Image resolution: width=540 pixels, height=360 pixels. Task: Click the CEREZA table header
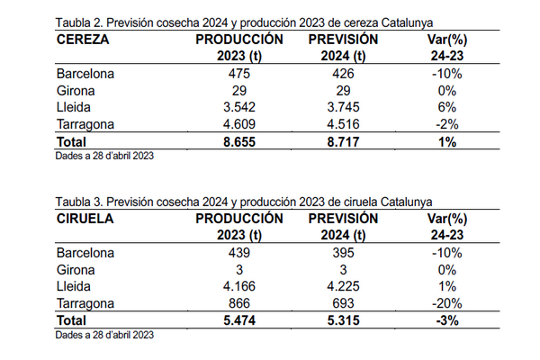(x=83, y=40)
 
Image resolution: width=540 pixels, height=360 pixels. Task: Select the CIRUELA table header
(x=87, y=219)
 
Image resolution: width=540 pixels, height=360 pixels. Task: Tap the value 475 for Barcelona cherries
(x=238, y=74)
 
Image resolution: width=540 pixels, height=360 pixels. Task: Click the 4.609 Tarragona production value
(x=238, y=125)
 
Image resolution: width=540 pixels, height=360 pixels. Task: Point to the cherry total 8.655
(x=238, y=141)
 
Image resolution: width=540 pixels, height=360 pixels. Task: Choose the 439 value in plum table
(x=238, y=252)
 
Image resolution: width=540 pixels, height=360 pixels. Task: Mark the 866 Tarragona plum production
(x=238, y=303)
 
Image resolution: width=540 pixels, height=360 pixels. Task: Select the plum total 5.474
(x=238, y=319)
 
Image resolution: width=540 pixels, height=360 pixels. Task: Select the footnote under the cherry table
(x=104, y=157)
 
